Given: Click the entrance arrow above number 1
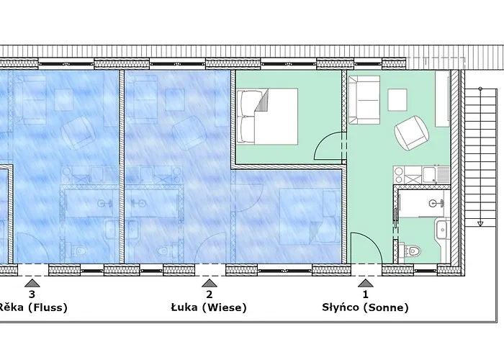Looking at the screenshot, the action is click(366, 283).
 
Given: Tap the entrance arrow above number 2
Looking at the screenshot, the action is click(210, 283).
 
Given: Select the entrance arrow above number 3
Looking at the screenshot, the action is click(32, 283).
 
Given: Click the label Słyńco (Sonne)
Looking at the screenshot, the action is click(365, 307).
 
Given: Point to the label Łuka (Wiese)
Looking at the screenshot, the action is click(209, 307).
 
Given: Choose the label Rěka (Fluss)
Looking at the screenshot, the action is click(33, 307).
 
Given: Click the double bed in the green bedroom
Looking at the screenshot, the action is click(267, 117).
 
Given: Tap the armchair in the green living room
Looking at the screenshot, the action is click(412, 132).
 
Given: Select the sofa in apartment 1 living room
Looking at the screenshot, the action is click(364, 100).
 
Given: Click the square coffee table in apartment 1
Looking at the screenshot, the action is click(397, 100).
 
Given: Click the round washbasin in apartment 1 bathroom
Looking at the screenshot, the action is click(433, 203).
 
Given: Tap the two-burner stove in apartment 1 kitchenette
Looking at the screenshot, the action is click(399, 175).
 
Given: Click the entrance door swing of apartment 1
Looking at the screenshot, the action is click(366, 248).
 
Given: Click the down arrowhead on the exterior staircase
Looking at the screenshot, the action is click(480, 224).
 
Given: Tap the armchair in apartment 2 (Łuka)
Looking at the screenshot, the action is click(189, 132).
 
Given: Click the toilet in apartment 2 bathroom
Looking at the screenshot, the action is click(165, 251).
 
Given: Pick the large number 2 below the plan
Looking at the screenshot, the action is click(210, 294).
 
